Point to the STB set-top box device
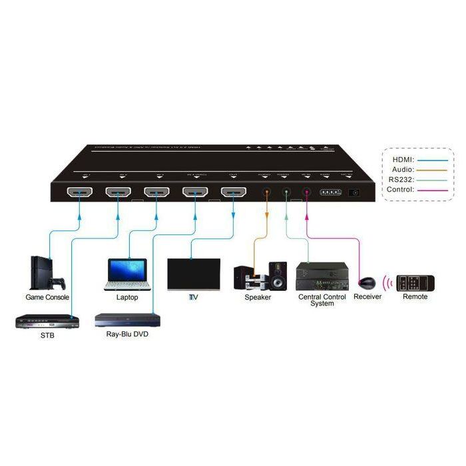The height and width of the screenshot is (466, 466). pyautogui.click(x=47, y=322)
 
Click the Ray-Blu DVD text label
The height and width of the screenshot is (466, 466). pyautogui.click(x=127, y=334)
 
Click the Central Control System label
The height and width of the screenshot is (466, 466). pyautogui.click(x=322, y=300)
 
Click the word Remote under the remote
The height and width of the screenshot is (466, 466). pyautogui.click(x=415, y=297)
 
